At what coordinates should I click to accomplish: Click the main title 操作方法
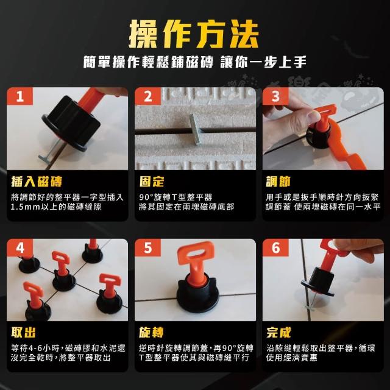pyautogui.click(x=194, y=34)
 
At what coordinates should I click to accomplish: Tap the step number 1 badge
pyautogui.click(x=20, y=96)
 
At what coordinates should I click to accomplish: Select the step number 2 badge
pyautogui.click(x=147, y=96)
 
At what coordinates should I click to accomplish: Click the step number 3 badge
pyautogui.click(x=275, y=96)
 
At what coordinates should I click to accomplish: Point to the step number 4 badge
pyautogui.click(x=20, y=248)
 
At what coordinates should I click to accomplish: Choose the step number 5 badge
pyautogui.click(x=147, y=248)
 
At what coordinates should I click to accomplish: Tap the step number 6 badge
pyautogui.click(x=275, y=248)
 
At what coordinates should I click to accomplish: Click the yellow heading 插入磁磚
pyautogui.click(x=37, y=182)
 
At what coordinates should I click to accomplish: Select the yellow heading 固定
pyautogui.click(x=152, y=182)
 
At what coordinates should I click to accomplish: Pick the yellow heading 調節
pyautogui.click(x=278, y=182)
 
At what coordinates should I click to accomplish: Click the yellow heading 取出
pyautogui.click(x=23, y=333)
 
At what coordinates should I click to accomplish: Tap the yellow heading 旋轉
pyautogui.click(x=151, y=333)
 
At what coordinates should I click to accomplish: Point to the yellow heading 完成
pyautogui.click(x=278, y=333)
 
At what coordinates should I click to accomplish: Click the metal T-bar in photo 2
pyautogui.click(x=195, y=129)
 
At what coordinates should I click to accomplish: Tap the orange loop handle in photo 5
pyautogui.click(x=196, y=254)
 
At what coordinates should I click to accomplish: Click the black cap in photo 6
pyautogui.click(x=319, y=281)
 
